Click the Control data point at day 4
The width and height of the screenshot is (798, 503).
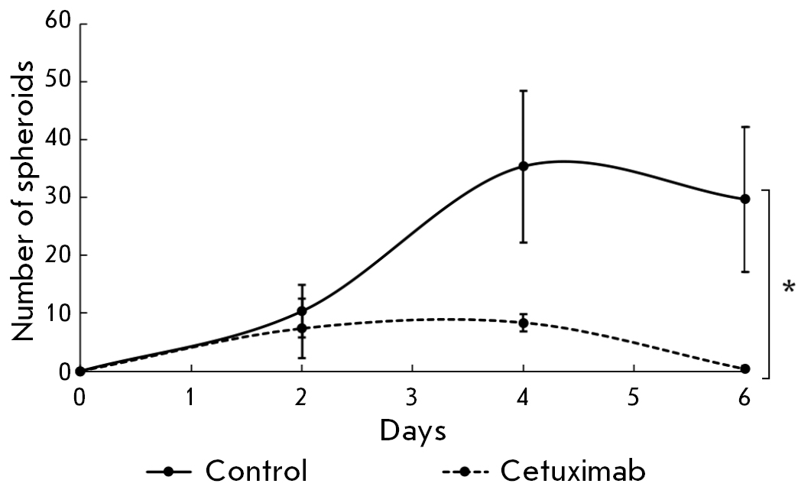pyautogui.click(x=524, y=166)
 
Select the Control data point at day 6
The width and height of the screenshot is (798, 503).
pyautogui.click(x=745, y=199)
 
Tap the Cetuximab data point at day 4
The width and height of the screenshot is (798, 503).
pyautogui.click(x=524, y=323)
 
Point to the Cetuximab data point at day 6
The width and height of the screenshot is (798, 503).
pyautogui.click(x=745, y=369)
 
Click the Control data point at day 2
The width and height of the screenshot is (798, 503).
pyautogui.click(x=302, y=311)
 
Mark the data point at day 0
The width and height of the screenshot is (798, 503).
pyautogui.click(x=80, y=372)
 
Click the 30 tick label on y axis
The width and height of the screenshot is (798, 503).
pyautogui.click(x=63, y=197)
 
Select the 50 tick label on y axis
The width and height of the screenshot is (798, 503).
pyautogui.click(x=63, y=82)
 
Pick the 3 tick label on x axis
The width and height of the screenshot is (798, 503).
pyautogui.click(x=413, y=398)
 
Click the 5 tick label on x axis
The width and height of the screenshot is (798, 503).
pyautogui.click(x=634, y=398)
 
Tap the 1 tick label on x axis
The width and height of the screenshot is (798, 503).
pyautogui.click(x=191, y=398)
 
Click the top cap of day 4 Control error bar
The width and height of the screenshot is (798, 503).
pyautogui.click(x=524, y=91)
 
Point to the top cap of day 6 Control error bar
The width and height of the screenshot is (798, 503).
pyautogui.click(x=745, y=127)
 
